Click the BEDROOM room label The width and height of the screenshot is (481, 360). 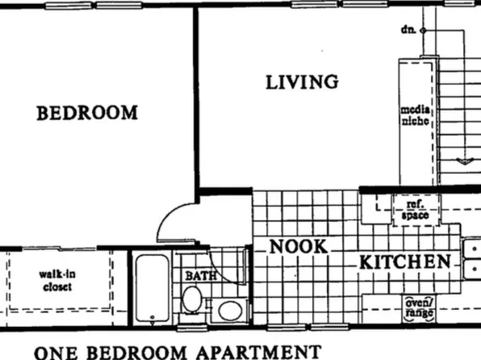87,113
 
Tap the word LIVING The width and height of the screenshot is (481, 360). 302,82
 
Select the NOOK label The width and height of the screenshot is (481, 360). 299,247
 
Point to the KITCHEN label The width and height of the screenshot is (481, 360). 404,262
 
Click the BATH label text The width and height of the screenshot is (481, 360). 202,276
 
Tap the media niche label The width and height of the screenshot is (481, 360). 418,115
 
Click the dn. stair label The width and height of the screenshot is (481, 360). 408,30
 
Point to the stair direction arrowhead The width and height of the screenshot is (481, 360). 463,161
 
